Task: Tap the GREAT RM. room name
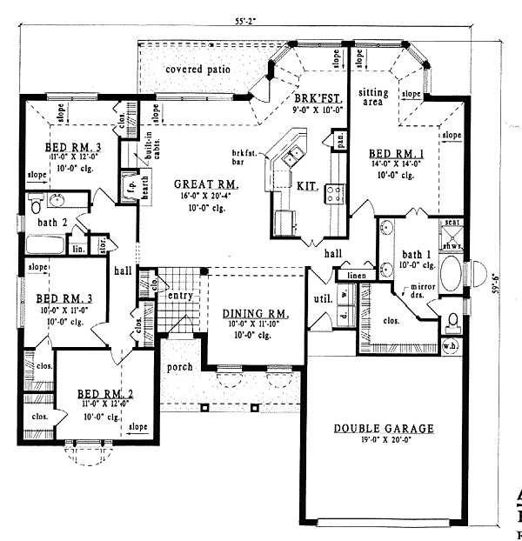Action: point(206,184)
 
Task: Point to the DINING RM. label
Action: point(255,314)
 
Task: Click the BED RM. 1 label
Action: point(396,154)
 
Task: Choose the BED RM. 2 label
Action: point(103,393)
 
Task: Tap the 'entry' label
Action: point(180,297)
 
